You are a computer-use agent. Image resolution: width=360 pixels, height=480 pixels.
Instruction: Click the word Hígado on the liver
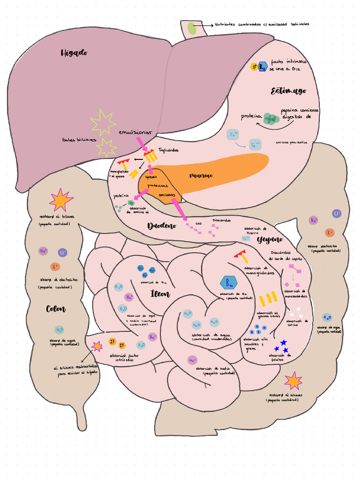point(74,53)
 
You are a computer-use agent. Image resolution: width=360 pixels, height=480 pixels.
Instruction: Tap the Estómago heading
point(288,91)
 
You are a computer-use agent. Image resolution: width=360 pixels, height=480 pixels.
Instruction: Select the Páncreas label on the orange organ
point(201,176)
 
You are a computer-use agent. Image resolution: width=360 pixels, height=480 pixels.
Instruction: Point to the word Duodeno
point(162,226)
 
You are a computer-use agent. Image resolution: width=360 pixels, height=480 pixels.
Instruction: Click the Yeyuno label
point(270,240)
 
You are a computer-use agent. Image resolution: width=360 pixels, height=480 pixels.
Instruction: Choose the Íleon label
point(160,294)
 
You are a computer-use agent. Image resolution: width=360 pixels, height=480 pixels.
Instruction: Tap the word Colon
point(56,309)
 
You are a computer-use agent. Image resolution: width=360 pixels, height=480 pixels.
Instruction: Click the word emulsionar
point(135,133)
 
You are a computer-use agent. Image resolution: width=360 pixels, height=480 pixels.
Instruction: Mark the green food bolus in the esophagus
point(192,28)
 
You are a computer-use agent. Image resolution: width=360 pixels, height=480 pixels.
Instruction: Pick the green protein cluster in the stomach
point(271,119)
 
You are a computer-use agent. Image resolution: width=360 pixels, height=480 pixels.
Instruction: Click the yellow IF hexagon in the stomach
point(255,67)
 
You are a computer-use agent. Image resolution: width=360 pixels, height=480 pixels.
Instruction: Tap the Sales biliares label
point(79,140)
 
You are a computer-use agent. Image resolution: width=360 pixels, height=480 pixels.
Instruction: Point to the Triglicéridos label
point(168,150)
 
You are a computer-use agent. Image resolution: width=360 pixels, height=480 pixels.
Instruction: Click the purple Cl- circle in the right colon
point(337,214)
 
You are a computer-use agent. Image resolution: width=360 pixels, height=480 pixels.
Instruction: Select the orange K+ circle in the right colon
point(330,232)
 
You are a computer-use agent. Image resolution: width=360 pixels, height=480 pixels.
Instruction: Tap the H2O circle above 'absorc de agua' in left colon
point(59,330)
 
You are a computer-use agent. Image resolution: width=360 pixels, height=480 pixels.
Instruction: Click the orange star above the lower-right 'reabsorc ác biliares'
point(293,381)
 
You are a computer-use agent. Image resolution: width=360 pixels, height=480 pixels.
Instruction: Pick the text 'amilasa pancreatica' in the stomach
point(291,142)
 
